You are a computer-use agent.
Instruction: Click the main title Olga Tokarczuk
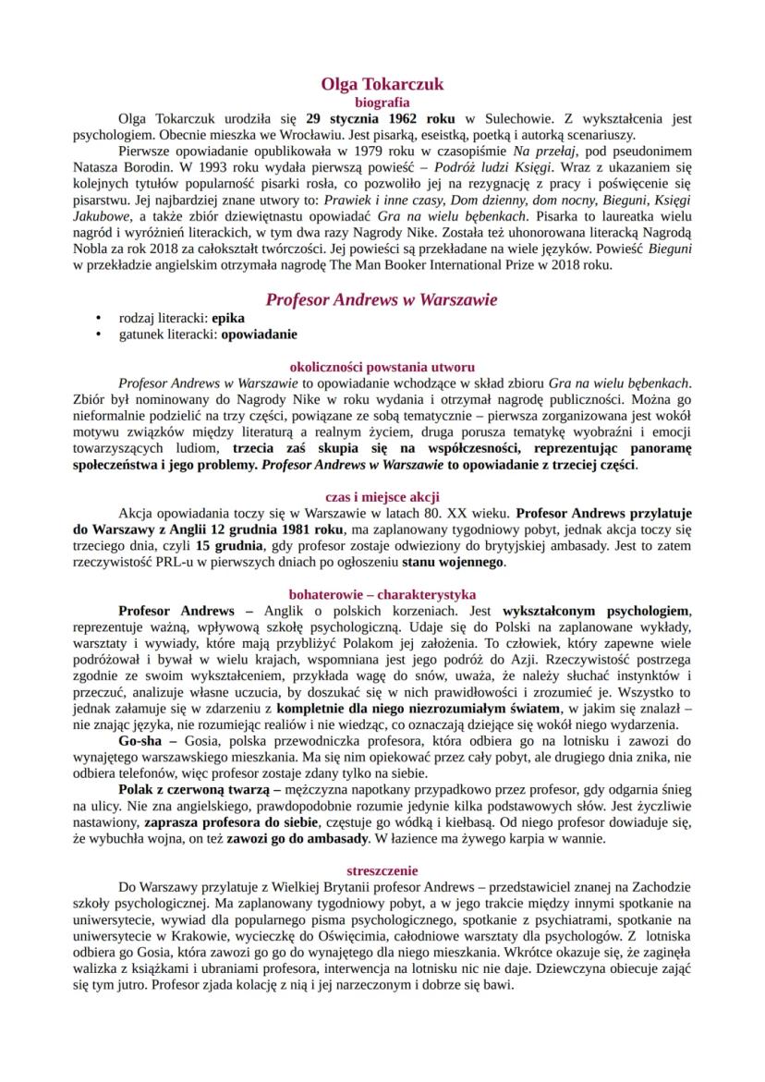[x=382, y=84]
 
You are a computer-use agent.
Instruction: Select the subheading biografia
[x=382, y=103]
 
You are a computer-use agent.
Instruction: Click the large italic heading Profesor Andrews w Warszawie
[x=382, y=299]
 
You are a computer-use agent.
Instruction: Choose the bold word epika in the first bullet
[x=228, y=318]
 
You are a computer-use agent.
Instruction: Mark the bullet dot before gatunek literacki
[x=98, y=334]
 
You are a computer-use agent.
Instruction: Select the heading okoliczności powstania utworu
[x=382, y=366]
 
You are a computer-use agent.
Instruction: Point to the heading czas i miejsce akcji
[x=382, y=496]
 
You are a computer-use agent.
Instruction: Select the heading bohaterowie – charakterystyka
[x=382, y=594]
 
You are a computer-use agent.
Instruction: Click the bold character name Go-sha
[x=140, y=741]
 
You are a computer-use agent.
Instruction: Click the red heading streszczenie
[x=382, y=869]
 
